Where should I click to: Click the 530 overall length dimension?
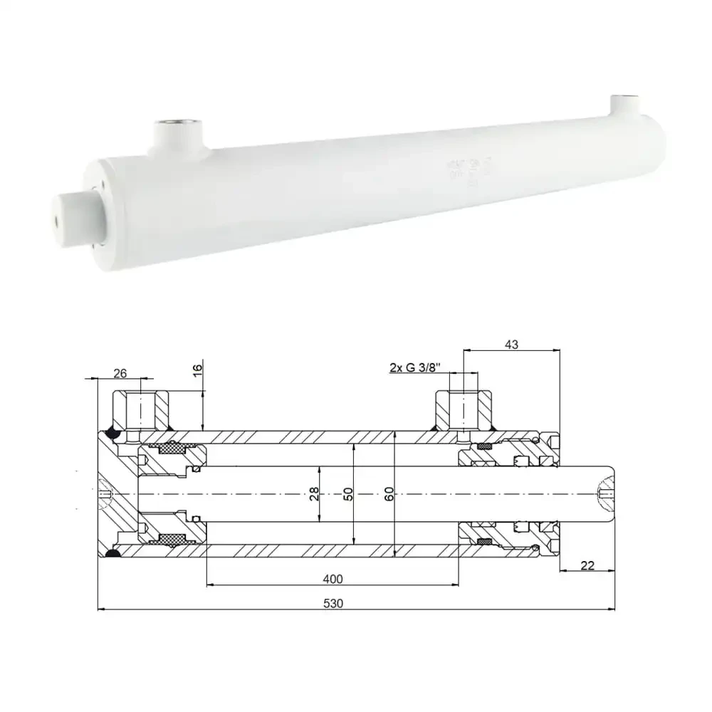pyautogui.click(x=333, y=603)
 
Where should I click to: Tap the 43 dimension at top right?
pyautogui.click(x=511, y=344)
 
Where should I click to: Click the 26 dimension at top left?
pyautogui.click(x=120, y=372)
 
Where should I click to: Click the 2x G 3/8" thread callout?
pyautogui.click(x=415, y=367)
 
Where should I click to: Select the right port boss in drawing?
pyautogui.click(x=464, y=409)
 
